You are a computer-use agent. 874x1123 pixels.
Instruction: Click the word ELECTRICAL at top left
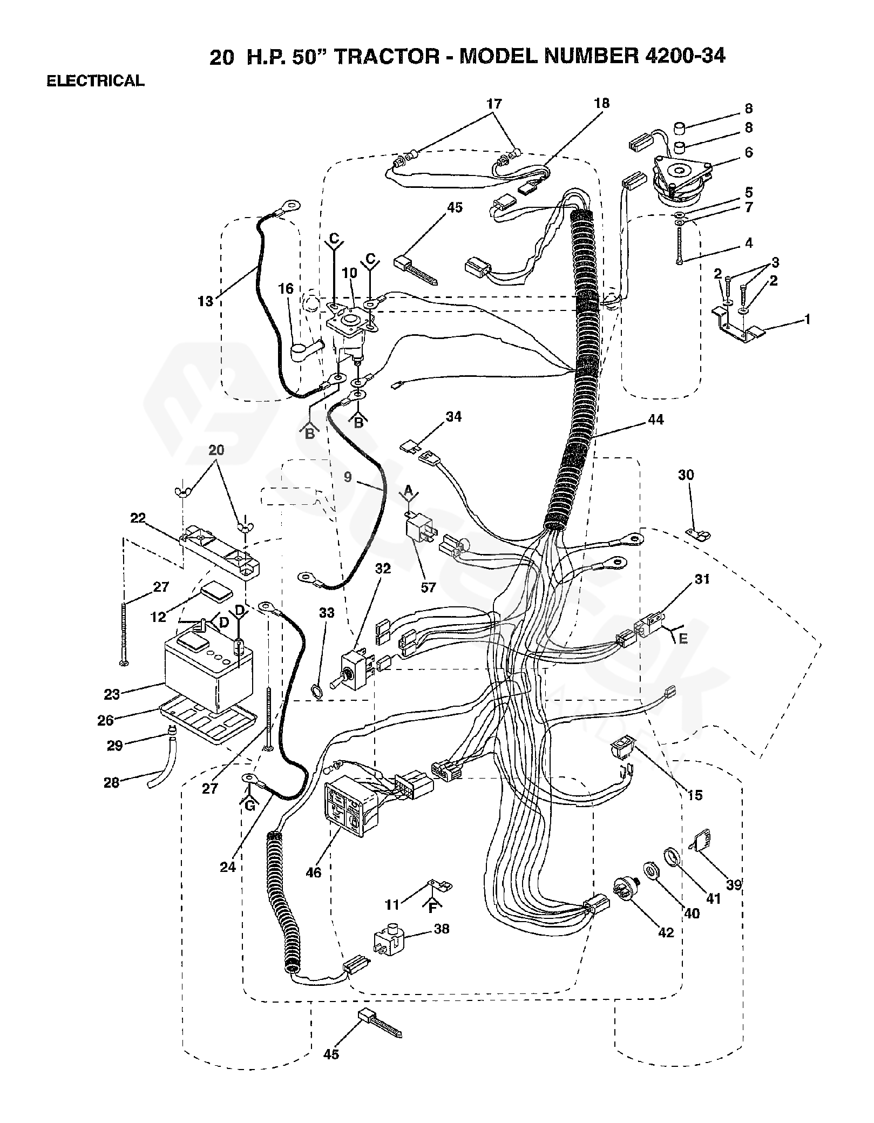[96, 81]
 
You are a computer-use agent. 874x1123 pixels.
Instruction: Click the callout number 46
[314, 872]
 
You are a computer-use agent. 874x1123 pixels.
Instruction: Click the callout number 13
[206, 301]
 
